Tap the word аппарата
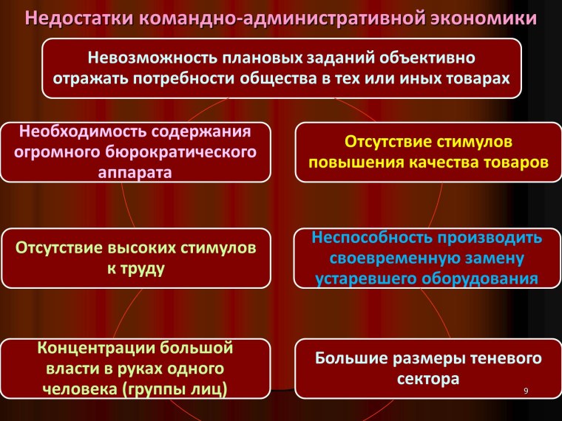(134, 173)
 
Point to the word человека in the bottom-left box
(73, 387)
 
